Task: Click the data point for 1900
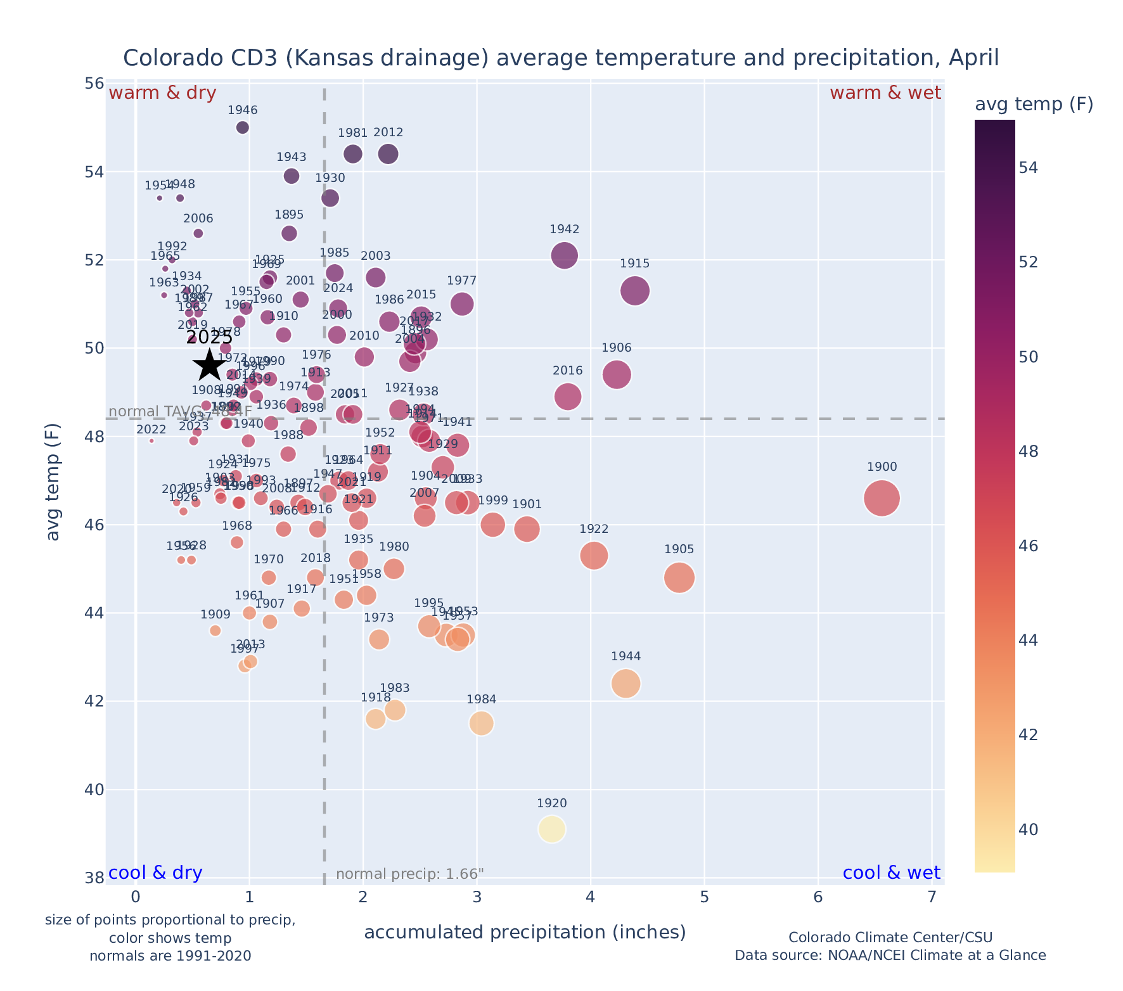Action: pyautogui.click(x=882, y=499)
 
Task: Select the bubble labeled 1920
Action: pyautogui.click(x=551, y=829)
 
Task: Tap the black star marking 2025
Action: pyautogui.click(x=209, y=366)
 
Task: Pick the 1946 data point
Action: pyautogui.click(x=242, y=127)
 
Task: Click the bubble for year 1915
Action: pyautogui.click(x=634, y=291)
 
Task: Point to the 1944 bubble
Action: pyautogui.click(x=626, y=684)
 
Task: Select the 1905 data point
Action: pyautogui.click(x=679, y=578)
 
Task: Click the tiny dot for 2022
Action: pyautogui.click(x=151, y=441)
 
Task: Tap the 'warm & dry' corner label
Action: pyautogui.click(x=163, y=93)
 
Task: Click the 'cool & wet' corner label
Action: pyautogui.click(x=891, y=873)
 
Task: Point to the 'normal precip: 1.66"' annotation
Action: pyautogui.click(x=409, y=874)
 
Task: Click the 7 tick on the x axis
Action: pyautogui.click(x=931, y=897)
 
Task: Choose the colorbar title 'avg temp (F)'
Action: pyautogui.click(x=1034, y=105)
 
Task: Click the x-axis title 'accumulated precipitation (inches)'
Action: pyautogui.click(x=525, y=932)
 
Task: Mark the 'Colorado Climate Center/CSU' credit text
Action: pyautogui.click(x=890, y=937)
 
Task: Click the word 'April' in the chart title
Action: pyautogui.click(x=974, y=58)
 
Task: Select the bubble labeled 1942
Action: pyautogui.click(x=564, y=256)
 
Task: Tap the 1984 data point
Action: pyautogui.click(x=481, y=723)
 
